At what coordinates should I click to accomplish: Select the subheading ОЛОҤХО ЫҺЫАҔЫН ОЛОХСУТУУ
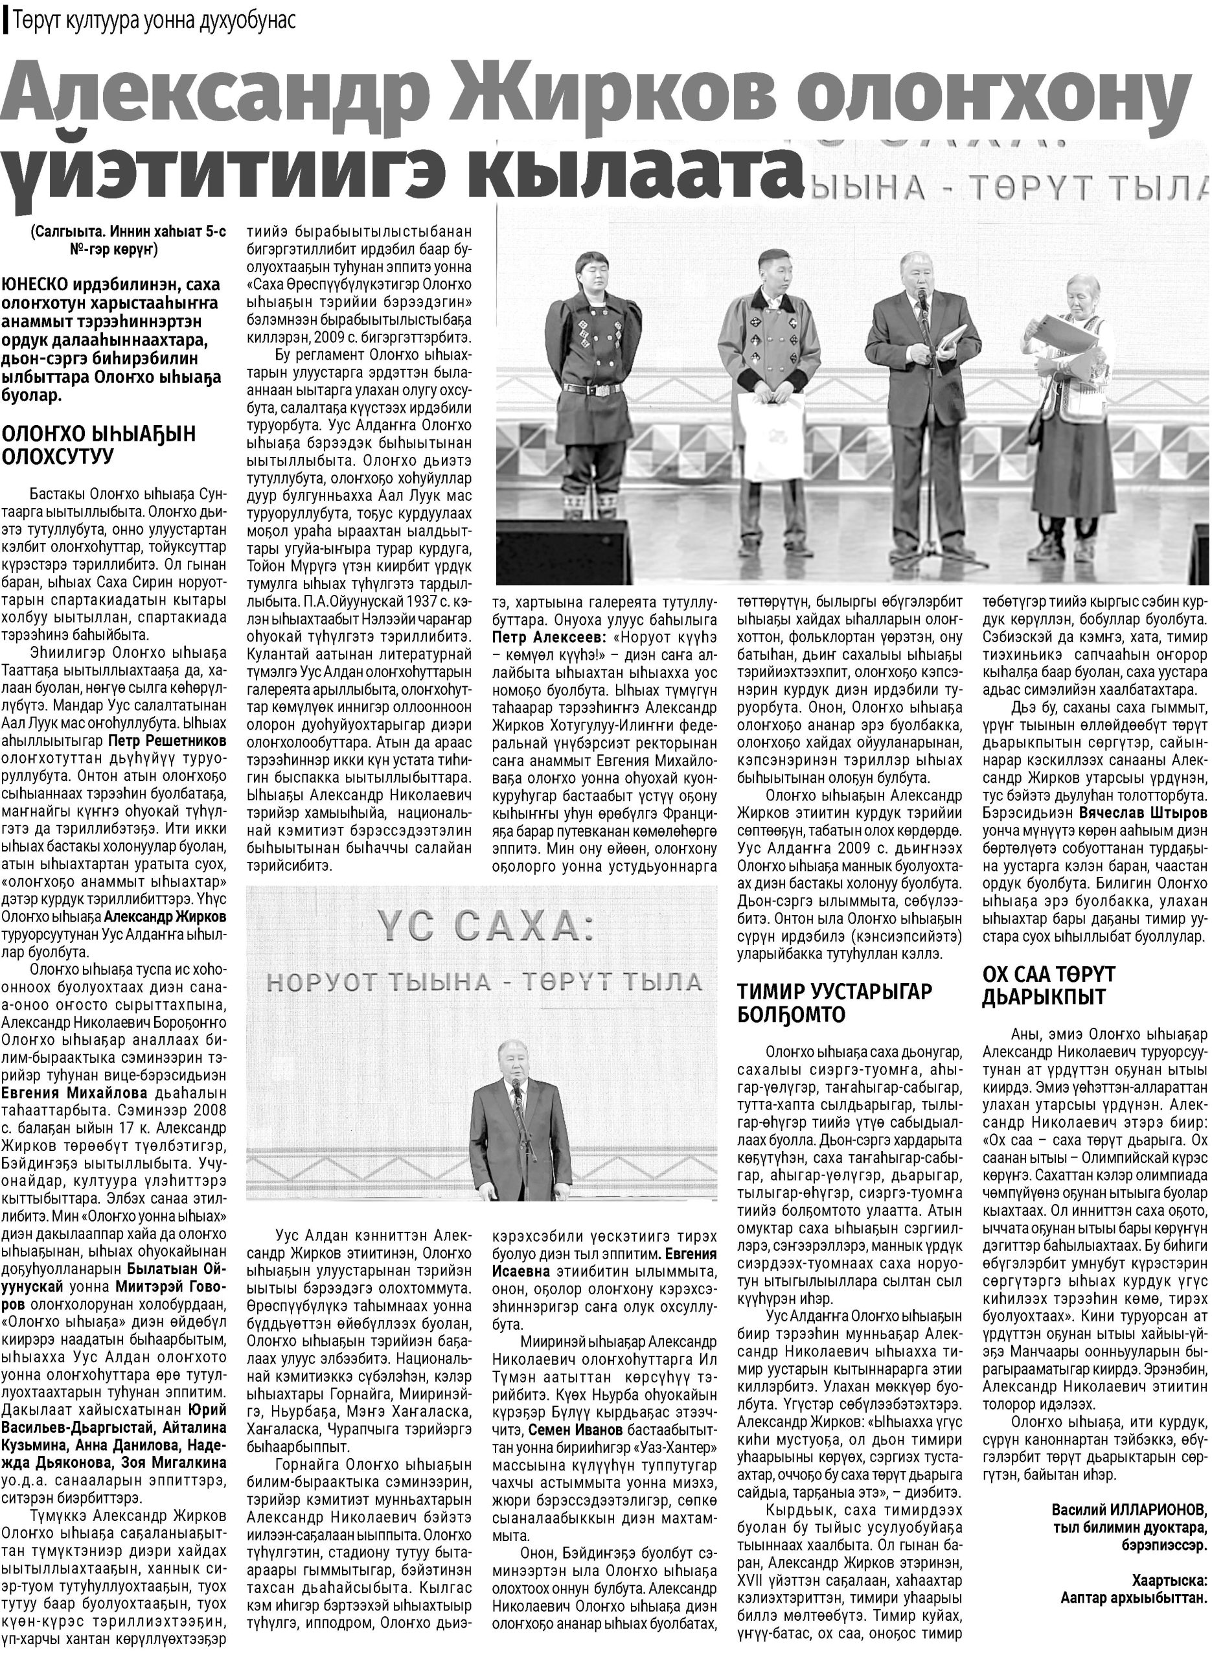[x=99, y=445]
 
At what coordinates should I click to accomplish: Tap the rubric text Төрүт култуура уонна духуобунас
[x=154, y=21]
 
